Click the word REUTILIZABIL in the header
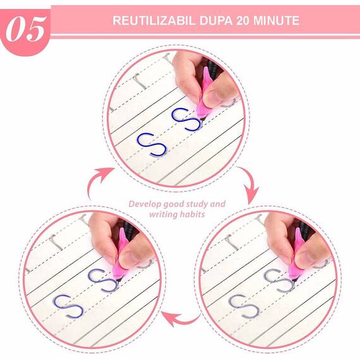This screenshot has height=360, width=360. pyautogui.click(x=149, y=20)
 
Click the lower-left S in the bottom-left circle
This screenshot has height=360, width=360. pyautogui.click(x=68, y=306)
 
